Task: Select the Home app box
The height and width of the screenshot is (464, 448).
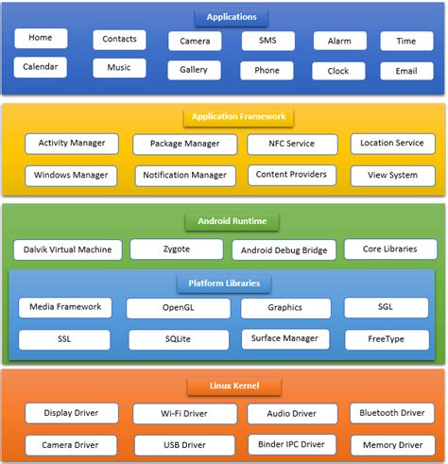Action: point(41,38)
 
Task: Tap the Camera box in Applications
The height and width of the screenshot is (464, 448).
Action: point(195,42)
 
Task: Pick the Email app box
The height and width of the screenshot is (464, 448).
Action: point(406,71)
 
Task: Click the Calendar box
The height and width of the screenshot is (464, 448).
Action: point(41,67)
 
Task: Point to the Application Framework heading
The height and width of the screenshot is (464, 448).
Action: point(238,117)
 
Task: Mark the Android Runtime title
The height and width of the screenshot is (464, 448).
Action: point(232,222)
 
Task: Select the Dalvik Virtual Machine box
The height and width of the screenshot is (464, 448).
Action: point(68,250)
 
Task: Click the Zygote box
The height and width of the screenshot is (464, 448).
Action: point(176,249)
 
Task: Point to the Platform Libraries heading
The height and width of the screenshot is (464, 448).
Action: point(224,283)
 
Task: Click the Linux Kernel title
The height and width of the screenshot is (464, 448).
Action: point(233,386)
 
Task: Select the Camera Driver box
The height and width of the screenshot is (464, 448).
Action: point(71,444)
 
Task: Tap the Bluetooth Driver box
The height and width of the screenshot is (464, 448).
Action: point(392,413)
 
